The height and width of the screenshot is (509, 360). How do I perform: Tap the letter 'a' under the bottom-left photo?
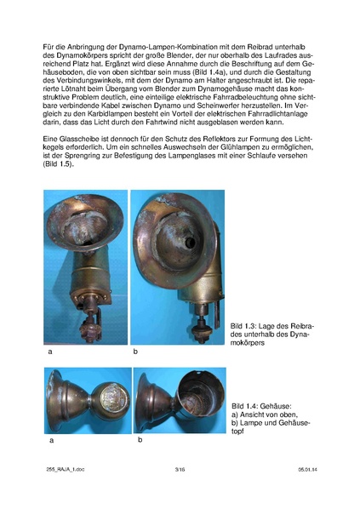click(51, 440)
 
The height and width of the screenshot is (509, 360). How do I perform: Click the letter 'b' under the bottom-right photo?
click(140, 440)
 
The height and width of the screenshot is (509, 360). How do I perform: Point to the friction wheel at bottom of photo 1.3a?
click(84, 328)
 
